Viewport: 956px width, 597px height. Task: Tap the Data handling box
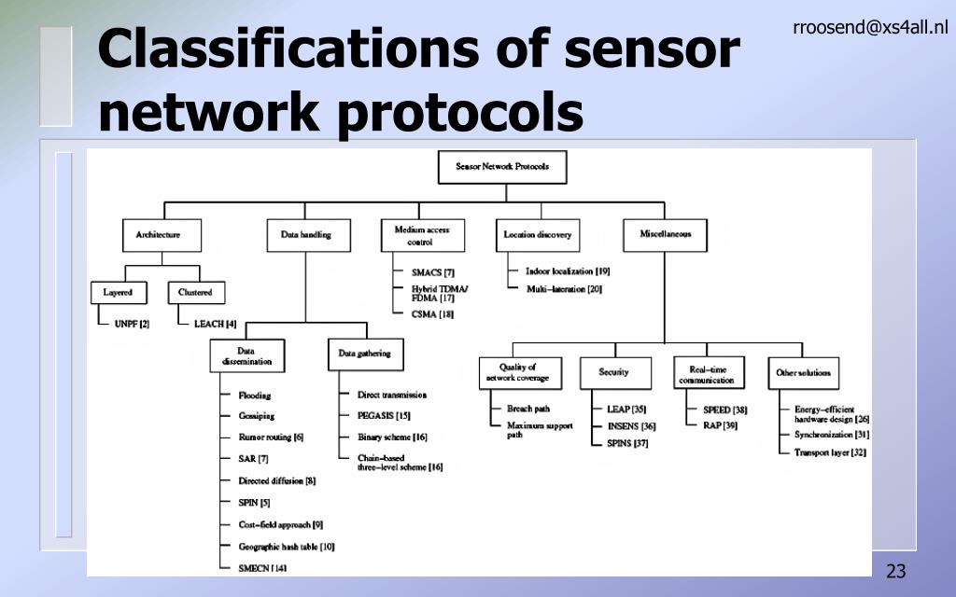tap(305, 235)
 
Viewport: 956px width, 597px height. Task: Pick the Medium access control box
tap(422, 235)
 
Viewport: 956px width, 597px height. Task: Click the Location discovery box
tap(537, 235)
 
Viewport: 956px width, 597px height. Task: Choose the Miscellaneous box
tap(665, 234)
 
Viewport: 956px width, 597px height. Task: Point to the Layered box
tap(118, 293)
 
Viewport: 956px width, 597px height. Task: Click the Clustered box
tap(195, 293)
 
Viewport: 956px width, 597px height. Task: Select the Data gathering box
tap(364, 354)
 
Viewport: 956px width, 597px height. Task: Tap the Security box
tap(613, 373)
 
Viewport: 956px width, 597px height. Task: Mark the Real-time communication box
tap(706, 374)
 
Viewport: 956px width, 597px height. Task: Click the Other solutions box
tap(803, 373)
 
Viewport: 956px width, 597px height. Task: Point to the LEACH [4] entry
tap(214, 324)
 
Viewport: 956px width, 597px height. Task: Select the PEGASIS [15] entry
tap(384, 416)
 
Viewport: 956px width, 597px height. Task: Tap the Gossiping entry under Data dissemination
tap(256, 416)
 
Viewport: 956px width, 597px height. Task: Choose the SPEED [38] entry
tap(724, 410)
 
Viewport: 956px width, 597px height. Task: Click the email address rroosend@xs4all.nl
tap(870, 28)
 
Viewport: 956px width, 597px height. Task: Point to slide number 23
tap(896, 571)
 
